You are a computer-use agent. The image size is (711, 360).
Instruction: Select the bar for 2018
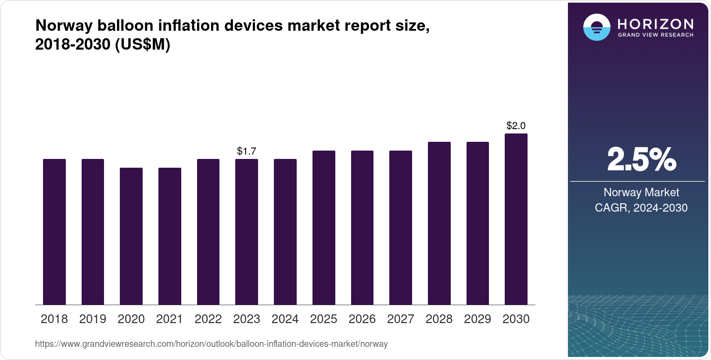[54, 232]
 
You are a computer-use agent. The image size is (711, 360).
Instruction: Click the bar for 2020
[131, 236]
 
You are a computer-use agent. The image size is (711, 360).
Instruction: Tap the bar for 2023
[247, 232]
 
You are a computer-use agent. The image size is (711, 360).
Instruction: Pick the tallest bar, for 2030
[516, 219]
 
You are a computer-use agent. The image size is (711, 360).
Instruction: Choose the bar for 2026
[362, 227]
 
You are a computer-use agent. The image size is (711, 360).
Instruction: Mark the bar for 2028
[439, 223]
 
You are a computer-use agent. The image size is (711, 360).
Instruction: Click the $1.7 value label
[247, 151]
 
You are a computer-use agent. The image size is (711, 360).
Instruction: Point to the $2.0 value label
[516, 126]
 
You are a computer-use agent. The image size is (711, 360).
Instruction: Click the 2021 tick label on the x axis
[169, 319]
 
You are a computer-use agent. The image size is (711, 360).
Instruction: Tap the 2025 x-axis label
[323, 319]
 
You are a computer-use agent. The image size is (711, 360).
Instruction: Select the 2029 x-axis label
[478, 319]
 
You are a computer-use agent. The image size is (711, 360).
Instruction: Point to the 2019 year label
[93, 319]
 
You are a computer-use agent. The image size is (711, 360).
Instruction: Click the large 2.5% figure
[641, 159]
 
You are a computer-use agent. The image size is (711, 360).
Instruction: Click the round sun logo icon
[596, 27]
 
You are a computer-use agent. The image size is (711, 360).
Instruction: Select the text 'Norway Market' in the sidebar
[641, 192]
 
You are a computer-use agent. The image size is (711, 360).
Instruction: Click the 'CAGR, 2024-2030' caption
[641, 208]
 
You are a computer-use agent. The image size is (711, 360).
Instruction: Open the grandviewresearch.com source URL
[211, 344]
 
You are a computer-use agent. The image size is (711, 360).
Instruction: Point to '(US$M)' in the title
[142, 44]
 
